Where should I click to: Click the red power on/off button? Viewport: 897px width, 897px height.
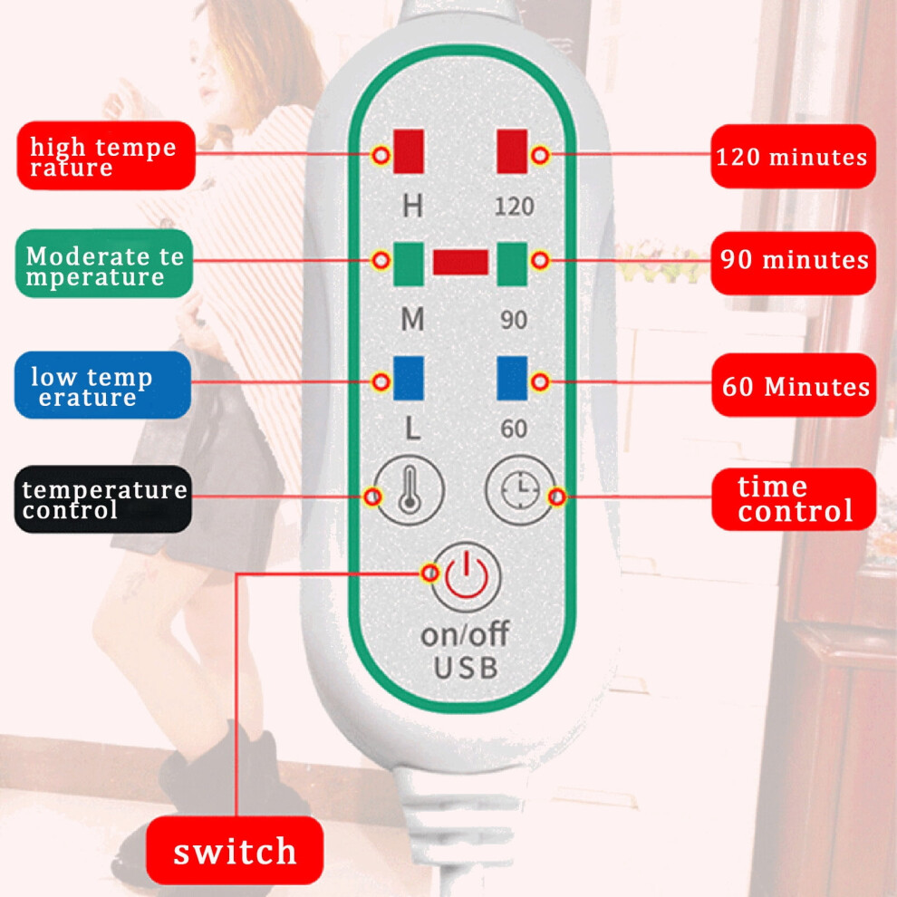point(467,576)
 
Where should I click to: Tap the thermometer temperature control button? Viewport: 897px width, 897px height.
point(409,490)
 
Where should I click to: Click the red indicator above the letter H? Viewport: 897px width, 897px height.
point(409,151)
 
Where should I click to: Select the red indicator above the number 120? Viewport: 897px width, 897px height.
point(512,151)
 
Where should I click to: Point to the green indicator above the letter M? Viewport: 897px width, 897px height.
point(409,264)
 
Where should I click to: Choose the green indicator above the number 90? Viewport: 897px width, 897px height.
point(512,264)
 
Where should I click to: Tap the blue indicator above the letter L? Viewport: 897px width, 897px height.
point(409,378)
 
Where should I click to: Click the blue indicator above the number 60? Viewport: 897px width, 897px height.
point(512,378)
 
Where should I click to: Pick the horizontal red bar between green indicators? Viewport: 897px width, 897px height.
point(460,262)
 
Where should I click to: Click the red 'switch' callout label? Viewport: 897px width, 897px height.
point(235,850)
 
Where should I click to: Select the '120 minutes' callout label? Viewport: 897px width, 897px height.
point(793,156)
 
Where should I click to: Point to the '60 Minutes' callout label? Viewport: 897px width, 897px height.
point(794,384)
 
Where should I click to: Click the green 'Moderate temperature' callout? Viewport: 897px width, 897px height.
point(104,263)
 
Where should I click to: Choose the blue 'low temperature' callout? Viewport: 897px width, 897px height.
point(103,385)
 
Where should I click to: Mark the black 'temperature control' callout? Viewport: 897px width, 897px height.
point(103,499)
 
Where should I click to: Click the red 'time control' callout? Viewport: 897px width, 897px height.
point(794,499)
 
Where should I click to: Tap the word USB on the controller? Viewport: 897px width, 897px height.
point(466,668)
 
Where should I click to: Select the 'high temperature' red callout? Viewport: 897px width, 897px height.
point(106,155)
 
